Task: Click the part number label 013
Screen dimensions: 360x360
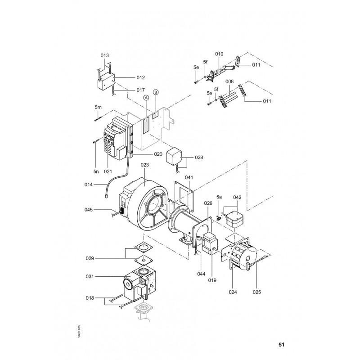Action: [104, 55]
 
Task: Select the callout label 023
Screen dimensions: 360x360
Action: [144, 165]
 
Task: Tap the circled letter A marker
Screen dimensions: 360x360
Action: [146, 98]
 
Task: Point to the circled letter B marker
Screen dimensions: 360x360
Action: [156, 92]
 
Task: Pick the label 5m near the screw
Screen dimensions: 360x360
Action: [98, 107]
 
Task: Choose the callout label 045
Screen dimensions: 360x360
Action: [88, 210]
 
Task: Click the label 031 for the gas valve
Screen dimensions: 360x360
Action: [90, 276]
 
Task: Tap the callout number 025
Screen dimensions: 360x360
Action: [256, 292]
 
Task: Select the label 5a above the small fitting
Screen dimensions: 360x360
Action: [219, 197]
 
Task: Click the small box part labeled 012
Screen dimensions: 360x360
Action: [106, 81]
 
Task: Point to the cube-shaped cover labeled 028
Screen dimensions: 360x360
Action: [174, 156]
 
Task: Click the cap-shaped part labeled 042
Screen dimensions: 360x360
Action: [234, 219]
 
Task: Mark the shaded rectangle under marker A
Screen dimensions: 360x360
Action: [146, 126]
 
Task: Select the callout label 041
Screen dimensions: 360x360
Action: [189, 177]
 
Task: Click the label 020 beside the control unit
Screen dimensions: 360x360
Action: [158, 154]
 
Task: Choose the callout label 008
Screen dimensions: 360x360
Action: [229, 81]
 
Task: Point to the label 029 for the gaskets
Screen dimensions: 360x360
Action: [90, 258]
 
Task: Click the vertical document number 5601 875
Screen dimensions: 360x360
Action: [79, 331]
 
